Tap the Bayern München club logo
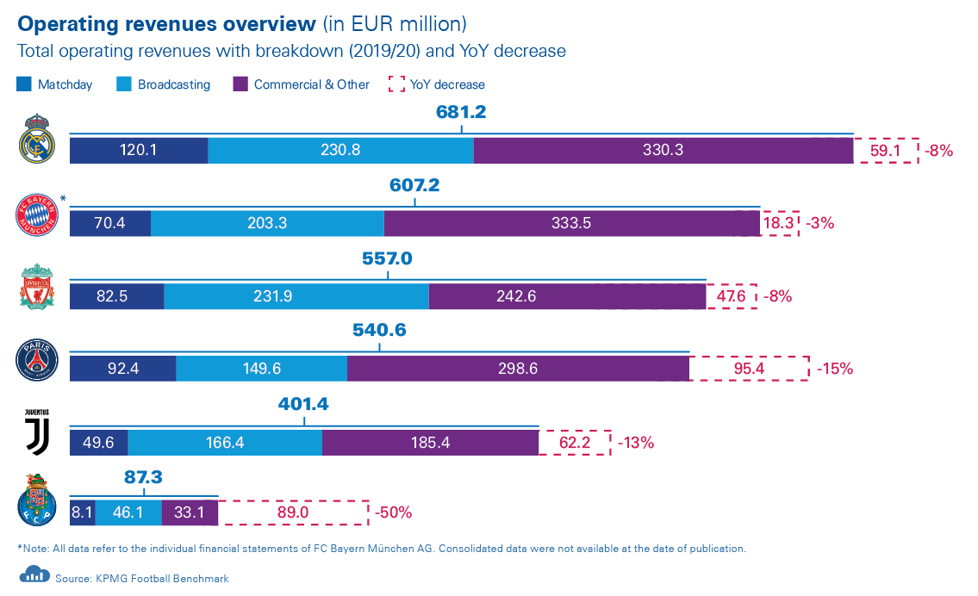click(37, 215)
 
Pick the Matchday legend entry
click(54, 84)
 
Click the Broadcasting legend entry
click(163, 84)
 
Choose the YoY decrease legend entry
click(437, 84)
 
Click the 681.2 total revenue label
click(462, 112)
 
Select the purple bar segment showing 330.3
click(663, 150)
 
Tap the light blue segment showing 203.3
click(267, 223)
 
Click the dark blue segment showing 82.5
click(116, 296)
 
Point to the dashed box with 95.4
click(750, 369)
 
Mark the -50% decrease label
click(394, 512)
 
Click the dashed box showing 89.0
click(294, 512)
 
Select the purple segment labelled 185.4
click(430, 443)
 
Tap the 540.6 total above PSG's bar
click(379, 331)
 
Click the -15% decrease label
click(834, 369)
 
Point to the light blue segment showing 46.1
click(128, 512)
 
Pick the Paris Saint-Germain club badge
click(37, 360)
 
